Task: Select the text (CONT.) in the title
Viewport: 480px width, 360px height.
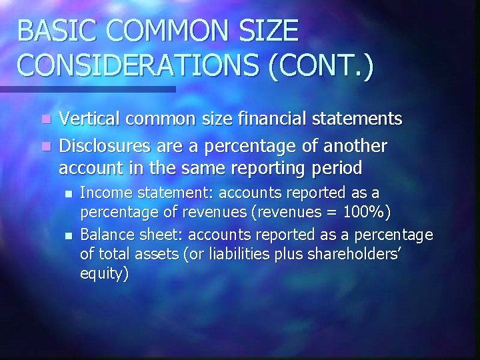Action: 324,66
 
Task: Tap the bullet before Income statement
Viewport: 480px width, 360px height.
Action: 67,193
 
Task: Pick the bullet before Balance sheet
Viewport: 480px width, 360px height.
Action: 67,235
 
